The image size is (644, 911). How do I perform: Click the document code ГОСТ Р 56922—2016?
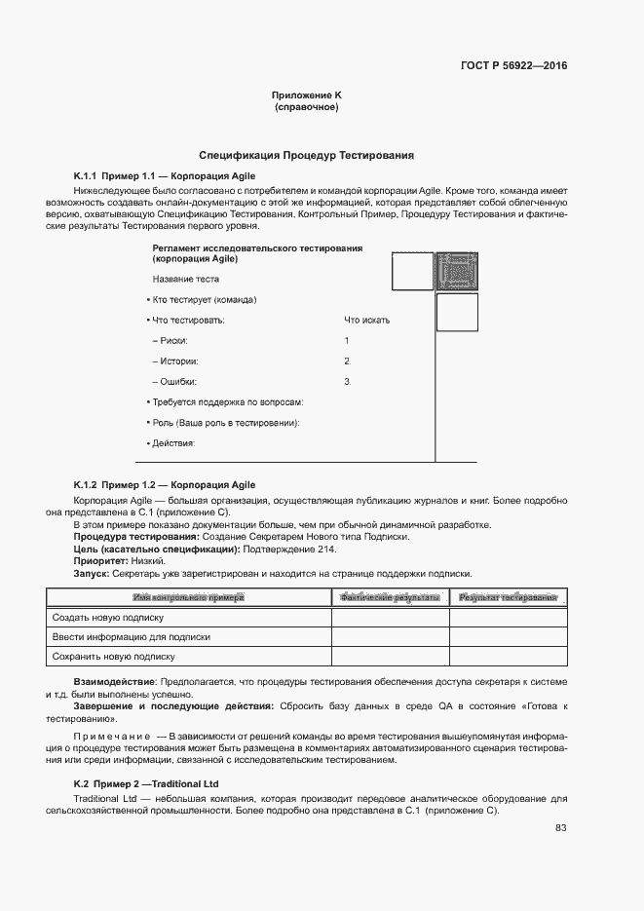[512, 66]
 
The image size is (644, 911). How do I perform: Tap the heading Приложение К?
[306, 95]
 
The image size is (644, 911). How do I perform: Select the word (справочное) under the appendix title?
[306, 107]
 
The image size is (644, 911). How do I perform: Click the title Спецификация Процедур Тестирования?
[307, 155]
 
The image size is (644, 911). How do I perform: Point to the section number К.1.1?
[85, 176]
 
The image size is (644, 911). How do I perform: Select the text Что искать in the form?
[366, 320]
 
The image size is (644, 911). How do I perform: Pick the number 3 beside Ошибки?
[347, 381]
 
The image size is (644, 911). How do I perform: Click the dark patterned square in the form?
[456, 271]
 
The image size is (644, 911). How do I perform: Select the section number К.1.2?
[85, 484]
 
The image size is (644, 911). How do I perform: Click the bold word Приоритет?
[99, 562]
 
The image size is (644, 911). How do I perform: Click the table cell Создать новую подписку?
[108, 617]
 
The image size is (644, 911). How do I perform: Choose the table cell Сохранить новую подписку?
[113, 657]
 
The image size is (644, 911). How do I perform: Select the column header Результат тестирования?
[508, 596]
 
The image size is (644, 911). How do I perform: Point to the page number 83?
[561, 828]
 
